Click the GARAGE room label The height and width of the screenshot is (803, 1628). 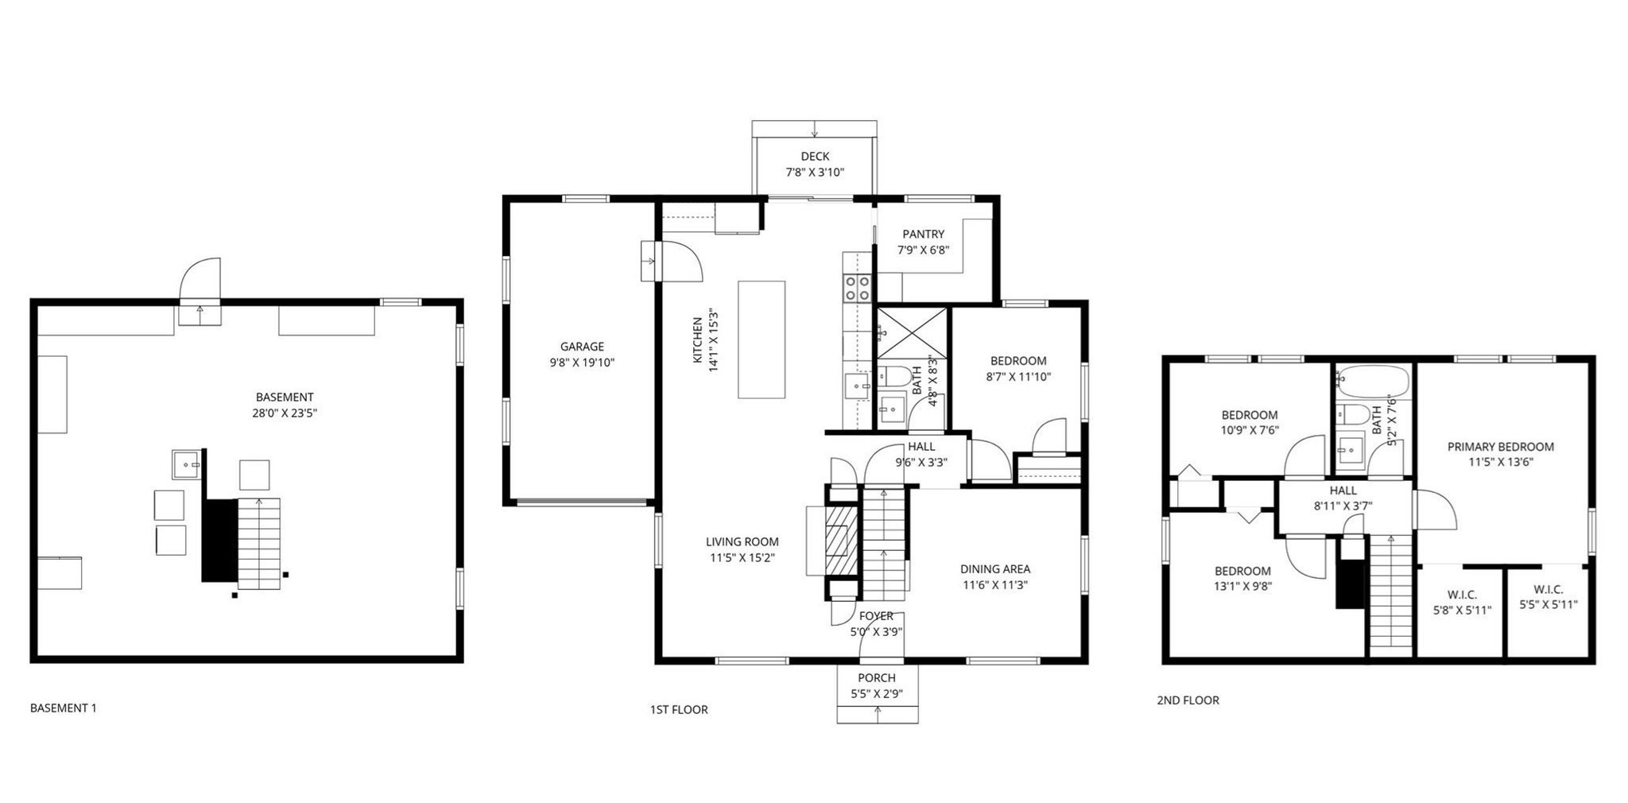pyautogui.click(x=582, y=347)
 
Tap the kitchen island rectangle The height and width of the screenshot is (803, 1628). pyautogui.click(x=761, y=339)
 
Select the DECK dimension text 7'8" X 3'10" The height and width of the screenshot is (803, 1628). pyautogui.click(x=814, y=173)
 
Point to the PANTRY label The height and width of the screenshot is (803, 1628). pyautogui.click(x=923, y=234)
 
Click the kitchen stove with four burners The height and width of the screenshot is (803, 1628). pyautogui.click(x=858, y=289)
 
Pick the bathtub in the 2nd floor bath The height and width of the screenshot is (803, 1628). pyautogui.click(x=1372, y=382)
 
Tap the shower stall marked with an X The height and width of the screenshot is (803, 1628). pyautogui.click(x=911, y=332)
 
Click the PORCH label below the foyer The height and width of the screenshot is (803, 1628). pyautogui.click(x=876, y=678)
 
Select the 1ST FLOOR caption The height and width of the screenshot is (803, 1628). pyautogui.click(x=678, y=710)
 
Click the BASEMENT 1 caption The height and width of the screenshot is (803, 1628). pyautogui.click(x=63, y=708)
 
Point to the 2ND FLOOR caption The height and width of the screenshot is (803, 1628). pyautogui.click(x=1187, y=700)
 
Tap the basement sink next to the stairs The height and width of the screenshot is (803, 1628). pyautogui.click(x=188, y=464)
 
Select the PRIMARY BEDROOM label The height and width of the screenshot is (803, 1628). pyautogui.click(x=1500, y=447)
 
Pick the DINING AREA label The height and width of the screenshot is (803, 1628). pyautogui.click(x=994, y=569)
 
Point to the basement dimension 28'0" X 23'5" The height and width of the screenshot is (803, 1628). pyautogui.click(x=285, y=413)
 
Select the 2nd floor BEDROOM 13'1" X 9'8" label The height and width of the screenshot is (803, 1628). pyautogui.click(x=1242, y=571)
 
